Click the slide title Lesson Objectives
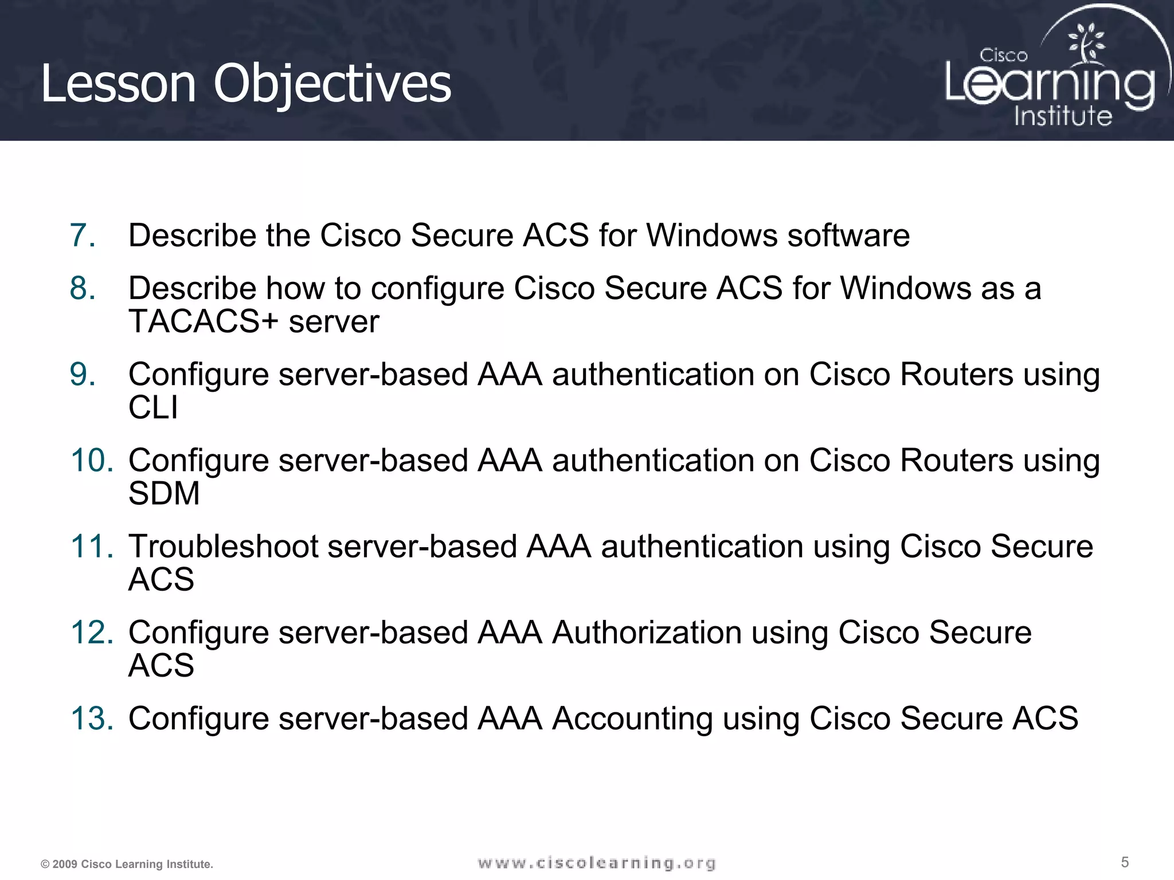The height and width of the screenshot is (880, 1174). (246, 84)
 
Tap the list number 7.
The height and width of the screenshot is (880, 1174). (83, 235)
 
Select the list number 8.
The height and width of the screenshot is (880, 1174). (83, 288)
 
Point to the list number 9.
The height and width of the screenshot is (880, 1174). (83, 374)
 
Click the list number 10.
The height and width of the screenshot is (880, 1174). (92, 460)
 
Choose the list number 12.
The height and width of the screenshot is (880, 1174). (92, 632)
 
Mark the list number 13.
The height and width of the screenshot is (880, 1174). (92, 718)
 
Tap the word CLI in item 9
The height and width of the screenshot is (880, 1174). (153, 407)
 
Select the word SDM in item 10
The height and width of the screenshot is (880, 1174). (164, 493)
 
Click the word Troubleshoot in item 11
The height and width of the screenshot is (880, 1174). (224, 546)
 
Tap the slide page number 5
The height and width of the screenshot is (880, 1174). (1125, 862)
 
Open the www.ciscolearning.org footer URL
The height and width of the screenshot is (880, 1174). (597, 863)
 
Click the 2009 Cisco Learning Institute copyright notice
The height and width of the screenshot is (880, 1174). (127, 864)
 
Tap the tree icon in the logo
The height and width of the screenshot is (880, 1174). (1086, 43)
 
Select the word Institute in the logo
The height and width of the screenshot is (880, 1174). (1063, 116)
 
